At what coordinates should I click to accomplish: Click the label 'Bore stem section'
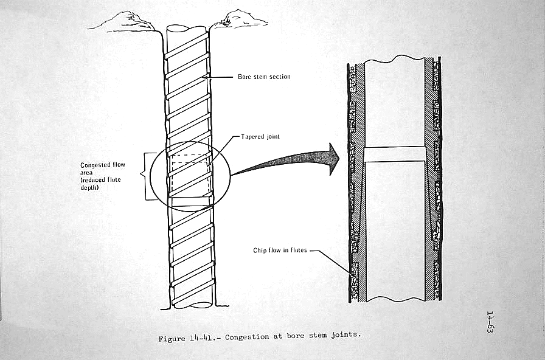(263, 77)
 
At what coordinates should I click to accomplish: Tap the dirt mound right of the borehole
(231, 20)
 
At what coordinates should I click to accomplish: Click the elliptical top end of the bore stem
(185, 31)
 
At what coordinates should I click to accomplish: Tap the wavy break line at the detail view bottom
(395, 299)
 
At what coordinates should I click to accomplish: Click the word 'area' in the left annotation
(87, 173)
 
